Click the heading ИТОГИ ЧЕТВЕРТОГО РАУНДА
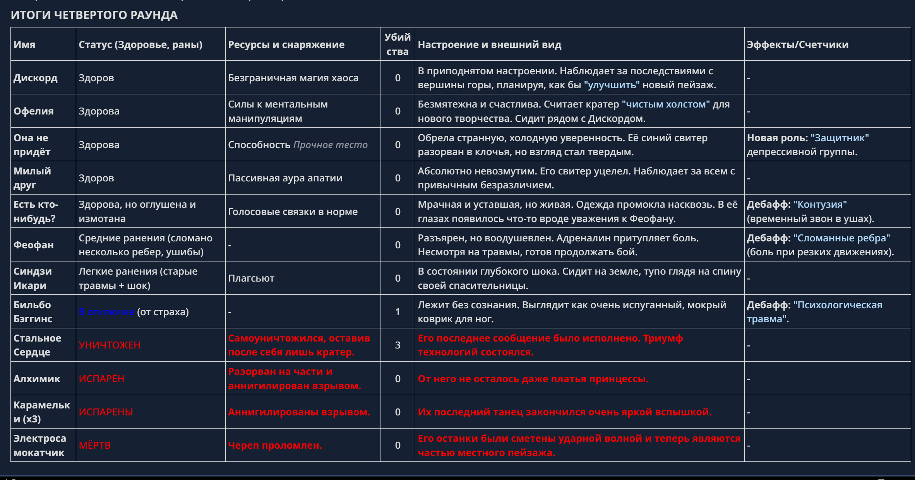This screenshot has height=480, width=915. (x=94, y=15)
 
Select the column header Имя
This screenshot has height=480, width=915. (x=24, y=44)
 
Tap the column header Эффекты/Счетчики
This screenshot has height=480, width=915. (x=797, y=44)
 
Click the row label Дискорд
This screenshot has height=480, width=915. (x=35, y=78)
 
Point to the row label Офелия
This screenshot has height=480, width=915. (x=33, y=111)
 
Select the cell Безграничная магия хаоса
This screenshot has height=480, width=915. (x=293, y=78)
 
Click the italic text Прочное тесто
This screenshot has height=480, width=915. (x=330, y=145)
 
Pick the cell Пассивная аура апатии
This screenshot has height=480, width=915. (x=285, y=178)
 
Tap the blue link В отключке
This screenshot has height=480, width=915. (x=106, y=312)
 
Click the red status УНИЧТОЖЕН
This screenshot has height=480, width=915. (x=110, y=345)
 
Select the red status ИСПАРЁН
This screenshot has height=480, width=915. (x=101, y=379)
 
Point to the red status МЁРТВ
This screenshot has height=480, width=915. (x=94, y=445)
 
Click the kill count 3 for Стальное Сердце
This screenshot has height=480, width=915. (x=398, y=345)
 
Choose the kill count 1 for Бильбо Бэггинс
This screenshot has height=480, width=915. (x=398, y=312)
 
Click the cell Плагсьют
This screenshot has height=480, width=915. (x=251, y=278)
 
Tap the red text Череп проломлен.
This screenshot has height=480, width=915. (x=275, y=445)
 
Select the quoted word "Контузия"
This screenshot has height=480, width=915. (x=820, y=204)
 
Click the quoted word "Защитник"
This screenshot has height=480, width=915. (x=840, y=138)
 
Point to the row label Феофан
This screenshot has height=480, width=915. (x=33, y=245)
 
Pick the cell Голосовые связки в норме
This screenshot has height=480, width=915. (x=293, y=212)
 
